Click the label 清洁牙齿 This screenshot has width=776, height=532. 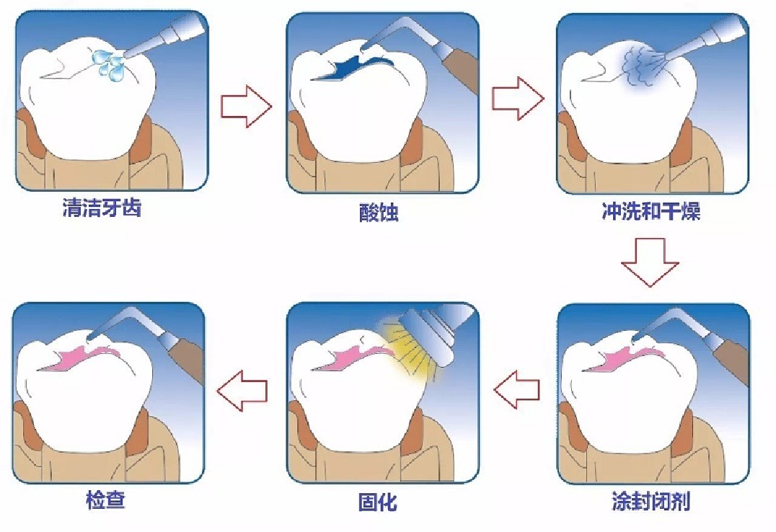102,208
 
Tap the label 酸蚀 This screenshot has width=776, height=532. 379,213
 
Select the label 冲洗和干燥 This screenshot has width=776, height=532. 651,212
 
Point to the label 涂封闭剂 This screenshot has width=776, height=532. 651,501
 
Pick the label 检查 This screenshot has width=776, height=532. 105,500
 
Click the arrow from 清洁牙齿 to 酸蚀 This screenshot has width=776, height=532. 246,107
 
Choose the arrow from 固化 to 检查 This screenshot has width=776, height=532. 242,391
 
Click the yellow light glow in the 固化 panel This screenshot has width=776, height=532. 411,351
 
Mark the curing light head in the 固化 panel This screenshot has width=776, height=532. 431,332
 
